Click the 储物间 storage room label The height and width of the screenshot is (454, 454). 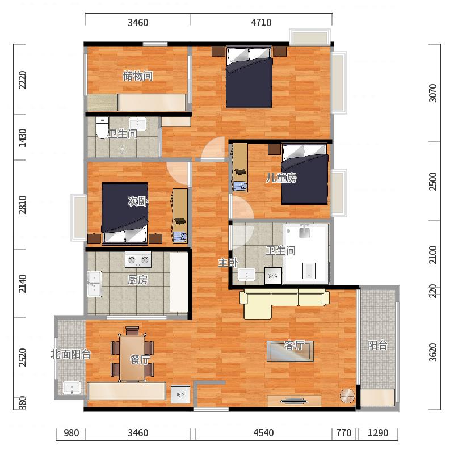[138, 76]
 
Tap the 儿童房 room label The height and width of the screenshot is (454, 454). [281, 178]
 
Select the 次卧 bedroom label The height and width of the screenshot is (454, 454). [138, 201]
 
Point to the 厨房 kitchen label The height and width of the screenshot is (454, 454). [138, 280]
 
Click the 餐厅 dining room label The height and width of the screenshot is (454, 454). [140, 359]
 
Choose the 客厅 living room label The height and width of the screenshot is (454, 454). [294, 345]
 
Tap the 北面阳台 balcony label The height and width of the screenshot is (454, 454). [70, 354]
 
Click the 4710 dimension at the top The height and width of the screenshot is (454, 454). [261, 22]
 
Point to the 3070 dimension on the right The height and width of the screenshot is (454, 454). [432, 93]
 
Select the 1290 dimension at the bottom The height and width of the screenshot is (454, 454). [378, 432]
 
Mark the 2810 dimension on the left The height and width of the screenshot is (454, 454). [22, 205]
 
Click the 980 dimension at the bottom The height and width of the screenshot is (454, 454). [72, 432]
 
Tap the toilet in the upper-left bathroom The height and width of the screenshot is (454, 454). [102, 128]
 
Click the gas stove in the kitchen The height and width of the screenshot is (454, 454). [138, 259]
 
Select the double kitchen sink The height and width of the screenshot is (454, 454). [94, 284]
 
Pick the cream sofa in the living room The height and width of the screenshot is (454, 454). [284, 302]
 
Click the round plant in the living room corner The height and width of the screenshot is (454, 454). [347, 396]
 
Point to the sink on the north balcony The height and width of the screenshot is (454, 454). [72, 388]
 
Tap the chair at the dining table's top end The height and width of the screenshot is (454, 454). [132, 331]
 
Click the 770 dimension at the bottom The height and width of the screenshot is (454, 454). [344, 432]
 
